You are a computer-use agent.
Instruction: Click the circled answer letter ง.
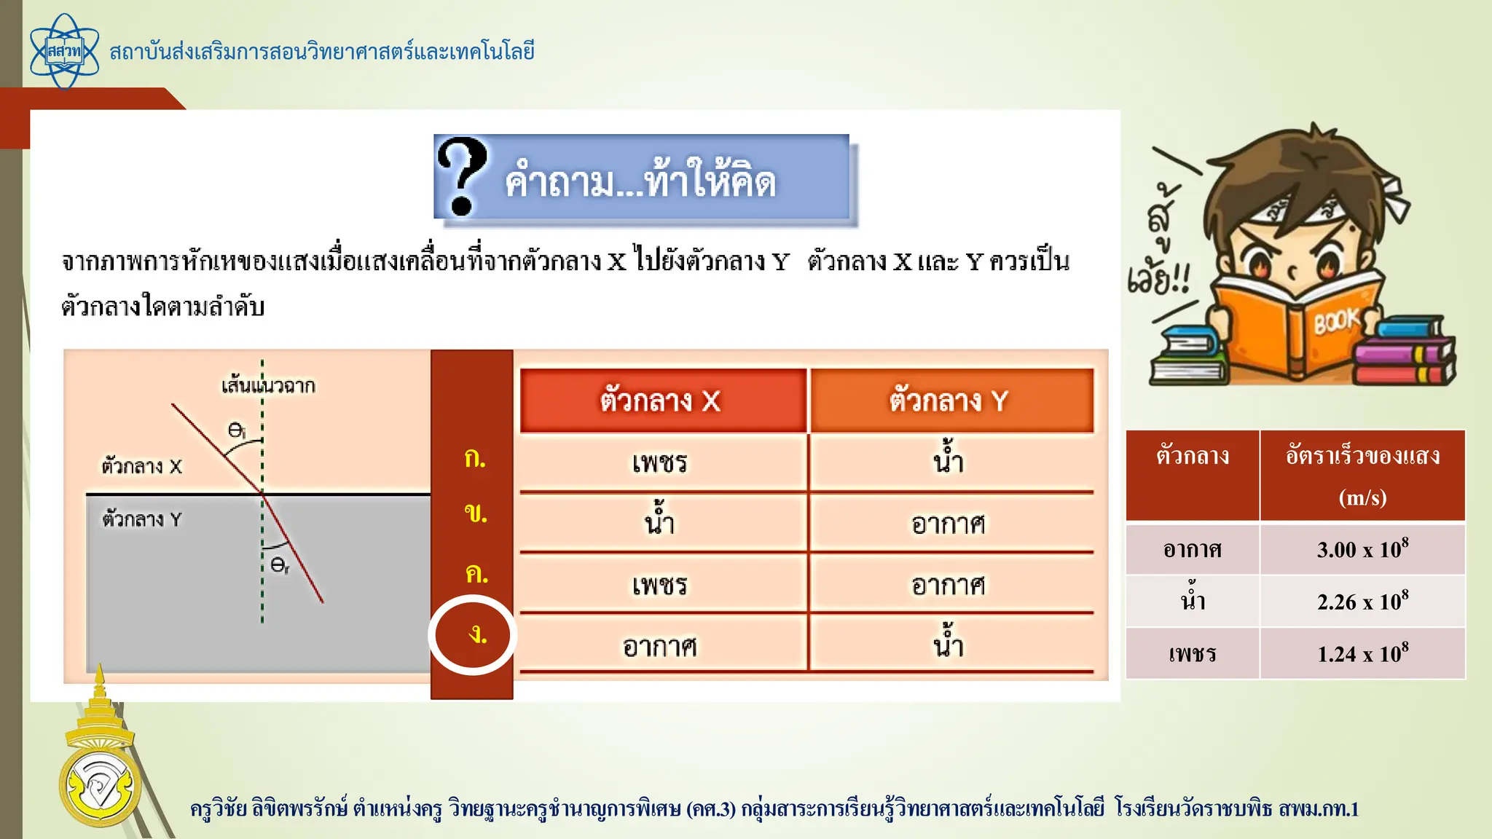476,635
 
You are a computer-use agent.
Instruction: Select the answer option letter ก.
475,458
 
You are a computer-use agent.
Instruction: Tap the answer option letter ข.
475,514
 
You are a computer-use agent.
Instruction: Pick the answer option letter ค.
476,574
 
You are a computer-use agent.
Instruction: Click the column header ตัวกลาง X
661,401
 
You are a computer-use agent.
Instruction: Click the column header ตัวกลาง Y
950,401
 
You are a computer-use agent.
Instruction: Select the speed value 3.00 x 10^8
1362,549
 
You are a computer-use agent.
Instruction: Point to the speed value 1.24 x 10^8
1362,653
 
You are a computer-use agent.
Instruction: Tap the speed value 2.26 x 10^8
1362,602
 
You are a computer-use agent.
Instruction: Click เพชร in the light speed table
1193,653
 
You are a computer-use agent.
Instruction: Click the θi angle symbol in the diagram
236,430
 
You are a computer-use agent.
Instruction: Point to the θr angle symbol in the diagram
279,565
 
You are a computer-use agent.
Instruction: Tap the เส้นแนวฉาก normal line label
268,385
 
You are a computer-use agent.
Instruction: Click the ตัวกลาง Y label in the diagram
142,519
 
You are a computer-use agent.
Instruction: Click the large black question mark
461,176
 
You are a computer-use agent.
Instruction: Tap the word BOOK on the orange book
1336,321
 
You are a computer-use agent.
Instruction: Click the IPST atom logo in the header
64,52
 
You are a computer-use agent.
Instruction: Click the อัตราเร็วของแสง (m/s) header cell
1362,476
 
